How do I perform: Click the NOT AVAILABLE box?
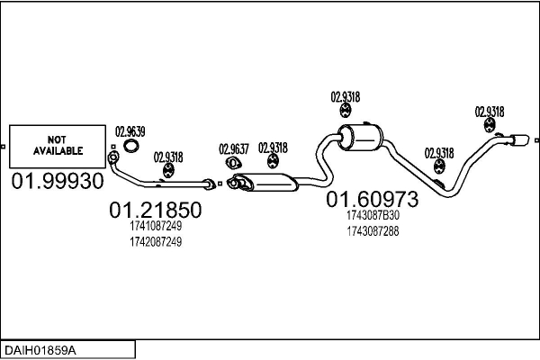tap(58, 145)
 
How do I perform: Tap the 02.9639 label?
tap(131, 130)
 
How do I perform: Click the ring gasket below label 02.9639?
tap(131, 147)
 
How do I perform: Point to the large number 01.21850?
tap(155, 211)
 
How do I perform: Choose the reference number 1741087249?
tap(155, 227)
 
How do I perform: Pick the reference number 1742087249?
tap(155, 242)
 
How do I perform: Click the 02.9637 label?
tap(233, 148)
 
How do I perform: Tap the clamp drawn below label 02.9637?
tap(231, 164)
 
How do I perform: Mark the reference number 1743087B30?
tap(372, 215)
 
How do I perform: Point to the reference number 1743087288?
tap(372, 231)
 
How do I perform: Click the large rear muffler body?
tap(360, 139)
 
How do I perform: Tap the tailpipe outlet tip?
tap(521, 139)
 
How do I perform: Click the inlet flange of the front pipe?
tap(113, 160)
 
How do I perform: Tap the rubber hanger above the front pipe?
tap(167, 169)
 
